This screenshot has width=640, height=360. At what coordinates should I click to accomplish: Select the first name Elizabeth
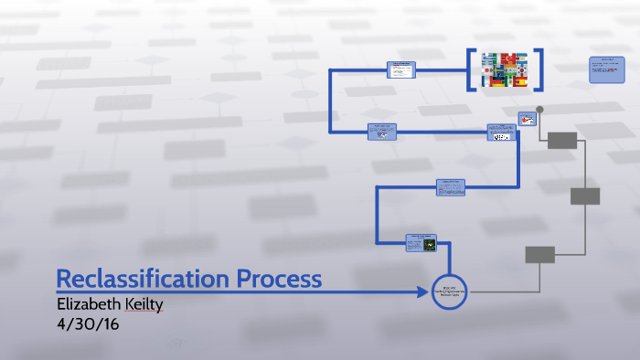(90, 305)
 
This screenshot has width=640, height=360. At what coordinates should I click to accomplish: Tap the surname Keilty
(144, 305)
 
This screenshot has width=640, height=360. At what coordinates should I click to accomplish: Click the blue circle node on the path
(449, 291)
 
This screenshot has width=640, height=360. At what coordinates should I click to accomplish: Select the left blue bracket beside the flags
(472, 70)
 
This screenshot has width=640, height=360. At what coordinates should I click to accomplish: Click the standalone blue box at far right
(605, 69)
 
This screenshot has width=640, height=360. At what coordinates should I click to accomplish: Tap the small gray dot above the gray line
(539, 110)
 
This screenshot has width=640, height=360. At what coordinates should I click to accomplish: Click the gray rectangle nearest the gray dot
(562, 140)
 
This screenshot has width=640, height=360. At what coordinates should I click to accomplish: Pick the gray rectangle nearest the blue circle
(539, 254)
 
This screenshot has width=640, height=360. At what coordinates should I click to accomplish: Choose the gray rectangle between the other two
(585, 196)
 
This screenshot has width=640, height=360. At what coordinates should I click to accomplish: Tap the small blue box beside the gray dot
(527, 119)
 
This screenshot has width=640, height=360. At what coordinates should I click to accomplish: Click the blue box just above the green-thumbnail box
(451, 186)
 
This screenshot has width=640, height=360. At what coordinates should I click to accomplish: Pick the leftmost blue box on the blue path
(382, 132)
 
